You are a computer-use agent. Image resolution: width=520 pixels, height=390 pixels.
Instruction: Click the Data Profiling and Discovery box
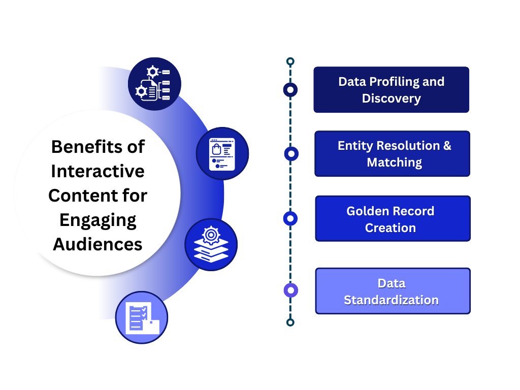(391, 89)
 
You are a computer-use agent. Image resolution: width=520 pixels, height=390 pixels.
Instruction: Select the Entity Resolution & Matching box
(392, 153)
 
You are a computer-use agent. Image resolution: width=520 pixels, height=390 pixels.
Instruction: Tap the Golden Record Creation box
(393, 218)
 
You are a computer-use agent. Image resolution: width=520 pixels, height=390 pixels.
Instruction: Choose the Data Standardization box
(393, 291)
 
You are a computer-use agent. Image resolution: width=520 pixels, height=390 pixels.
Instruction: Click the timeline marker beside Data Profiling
(290, 90)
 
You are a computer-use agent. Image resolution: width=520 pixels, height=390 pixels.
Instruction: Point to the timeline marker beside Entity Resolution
(291, 154)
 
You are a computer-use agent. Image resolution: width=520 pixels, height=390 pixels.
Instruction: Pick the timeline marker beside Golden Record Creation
(290, 218)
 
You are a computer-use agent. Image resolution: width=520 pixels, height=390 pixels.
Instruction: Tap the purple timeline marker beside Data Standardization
(290, 290)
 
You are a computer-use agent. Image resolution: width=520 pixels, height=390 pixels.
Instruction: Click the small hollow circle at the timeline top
(290, 61)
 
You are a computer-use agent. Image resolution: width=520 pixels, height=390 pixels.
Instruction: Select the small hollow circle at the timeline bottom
(290, 322)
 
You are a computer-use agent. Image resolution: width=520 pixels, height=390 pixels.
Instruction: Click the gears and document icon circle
(154, 84)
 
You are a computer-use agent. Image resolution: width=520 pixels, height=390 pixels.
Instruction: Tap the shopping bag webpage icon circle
(222, 153)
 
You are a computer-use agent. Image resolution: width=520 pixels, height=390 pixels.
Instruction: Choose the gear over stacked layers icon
(211, 244)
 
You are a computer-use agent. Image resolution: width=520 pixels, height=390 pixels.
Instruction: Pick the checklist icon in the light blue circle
(142, 317)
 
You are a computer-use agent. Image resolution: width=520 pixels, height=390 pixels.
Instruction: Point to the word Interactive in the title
(98, 171)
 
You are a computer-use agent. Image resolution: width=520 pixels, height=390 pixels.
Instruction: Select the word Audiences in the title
(98, 244)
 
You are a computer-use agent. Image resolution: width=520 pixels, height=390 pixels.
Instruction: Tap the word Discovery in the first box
(391, 98)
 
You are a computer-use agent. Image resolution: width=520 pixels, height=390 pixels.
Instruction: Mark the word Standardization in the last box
(391, 300)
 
